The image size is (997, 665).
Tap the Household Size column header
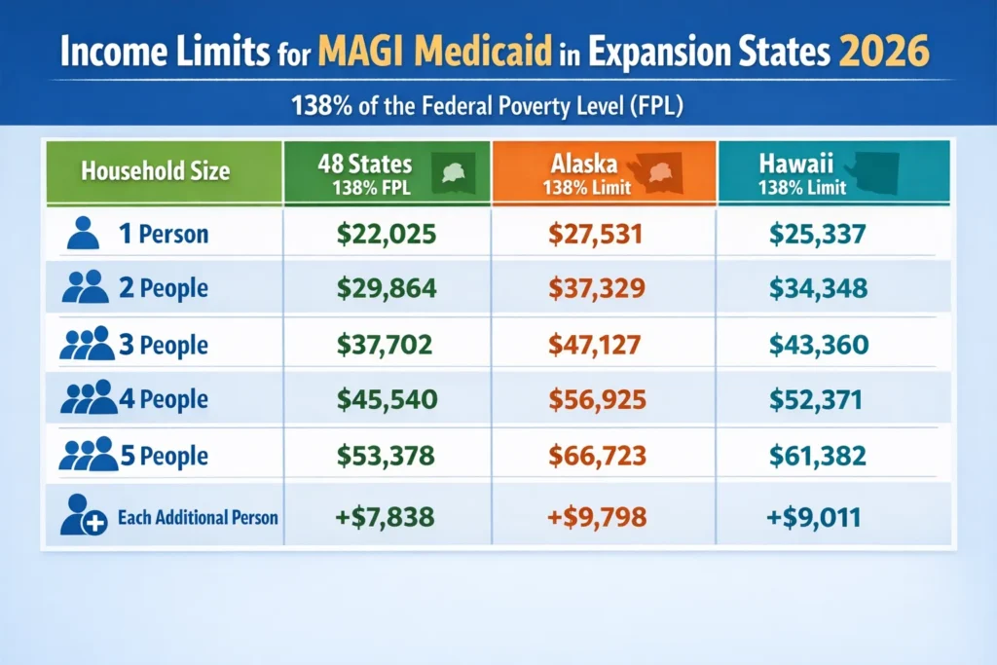tap(156, 172)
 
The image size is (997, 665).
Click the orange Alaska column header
tap(604, 171)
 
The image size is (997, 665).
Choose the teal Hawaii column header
tap(833, 171)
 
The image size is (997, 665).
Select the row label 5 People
tap(166, 457)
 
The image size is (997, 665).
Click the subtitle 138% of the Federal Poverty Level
tap(487, 105)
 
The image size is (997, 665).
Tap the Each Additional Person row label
tap(198, 517)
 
